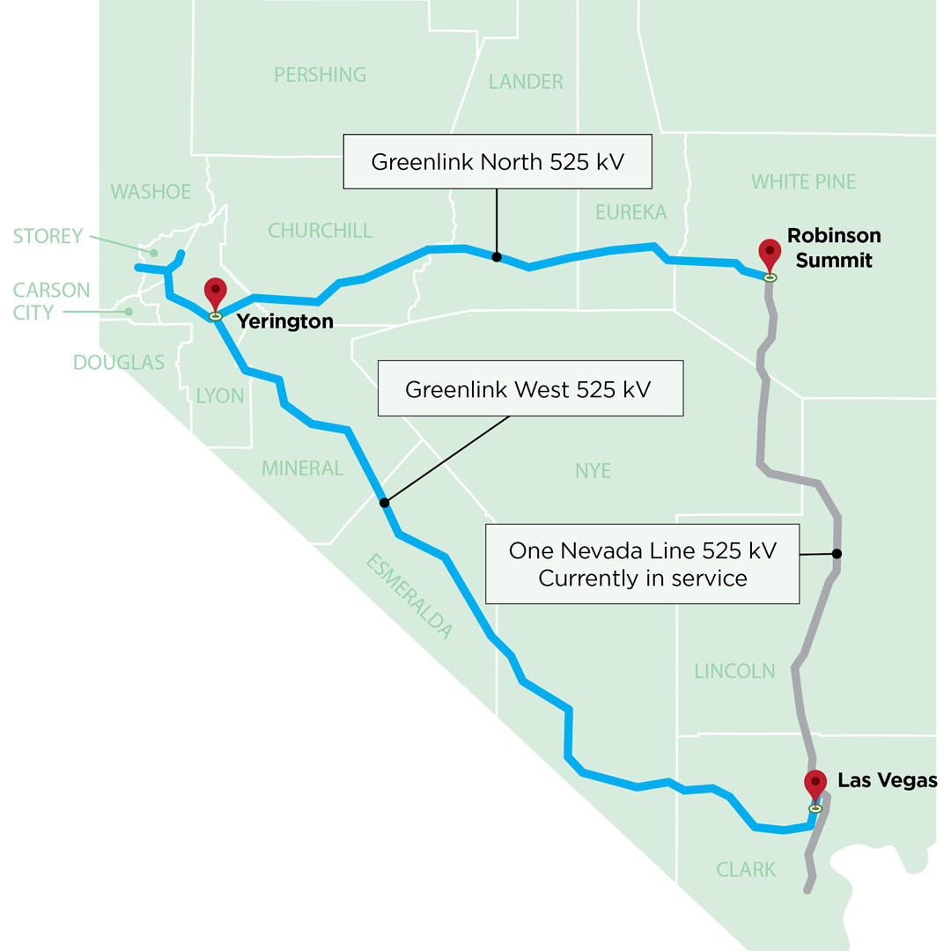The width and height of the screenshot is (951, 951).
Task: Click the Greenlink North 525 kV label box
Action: click(498, 161)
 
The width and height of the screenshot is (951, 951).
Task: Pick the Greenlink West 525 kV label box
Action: click(530, 388)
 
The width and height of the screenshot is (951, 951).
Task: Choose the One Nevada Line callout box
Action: click(642, 564)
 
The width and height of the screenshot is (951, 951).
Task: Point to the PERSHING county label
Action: click(321, 74)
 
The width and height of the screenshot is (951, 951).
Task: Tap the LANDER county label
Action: click(526, 82)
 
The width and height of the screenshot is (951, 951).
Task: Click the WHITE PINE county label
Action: click(803, 181)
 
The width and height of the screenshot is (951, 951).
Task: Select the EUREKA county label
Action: click(630, 212)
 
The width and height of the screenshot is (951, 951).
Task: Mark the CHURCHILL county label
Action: click(321, 231)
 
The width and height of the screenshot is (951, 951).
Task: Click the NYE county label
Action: click(593, 471)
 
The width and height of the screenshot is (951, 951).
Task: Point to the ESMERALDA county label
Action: click(409, 596)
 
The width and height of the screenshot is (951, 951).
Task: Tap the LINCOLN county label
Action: click(734, 671)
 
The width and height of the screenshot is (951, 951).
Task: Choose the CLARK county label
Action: click(746, 870)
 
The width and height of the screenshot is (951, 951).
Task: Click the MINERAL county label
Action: click(302, 468)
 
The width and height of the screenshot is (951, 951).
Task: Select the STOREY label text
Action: click(48, 236)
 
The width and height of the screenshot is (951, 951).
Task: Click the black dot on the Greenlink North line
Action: click(497, 257)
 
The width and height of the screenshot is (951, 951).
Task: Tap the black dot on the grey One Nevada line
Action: click(837, 554)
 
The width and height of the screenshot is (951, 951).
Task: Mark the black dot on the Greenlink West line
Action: click(384, 503)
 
